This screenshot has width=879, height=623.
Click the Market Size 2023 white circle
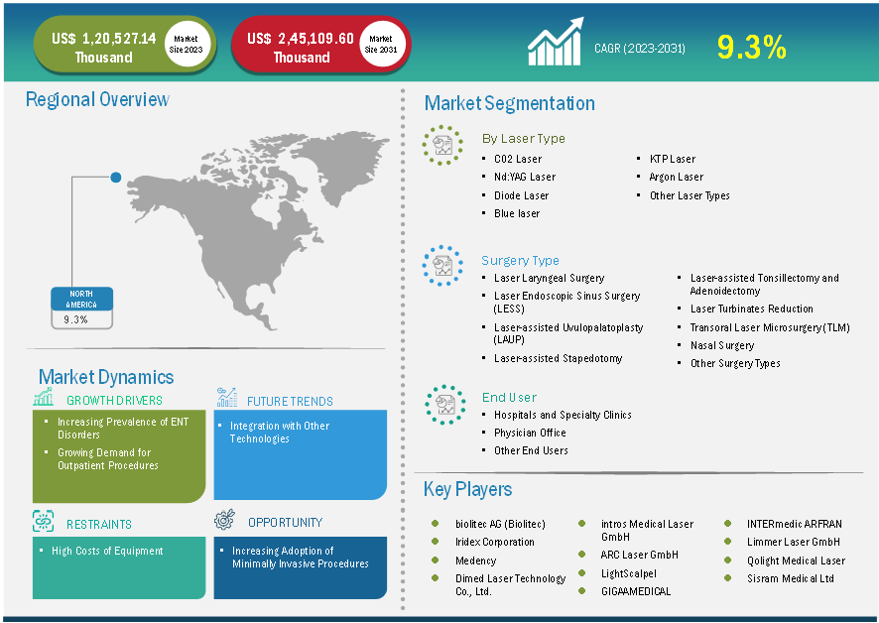186,45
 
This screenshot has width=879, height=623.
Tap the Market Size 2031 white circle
381,45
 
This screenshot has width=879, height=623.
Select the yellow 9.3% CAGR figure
752,47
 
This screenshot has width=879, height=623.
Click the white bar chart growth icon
556,41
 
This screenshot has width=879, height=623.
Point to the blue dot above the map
115,178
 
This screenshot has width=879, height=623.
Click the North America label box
81,299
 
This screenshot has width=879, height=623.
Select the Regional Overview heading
97,100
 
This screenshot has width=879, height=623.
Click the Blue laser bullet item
517,213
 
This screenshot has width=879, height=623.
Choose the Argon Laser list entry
676,177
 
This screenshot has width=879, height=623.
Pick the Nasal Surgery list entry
722,345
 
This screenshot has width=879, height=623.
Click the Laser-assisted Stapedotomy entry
558,358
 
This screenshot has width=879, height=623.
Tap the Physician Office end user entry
530,433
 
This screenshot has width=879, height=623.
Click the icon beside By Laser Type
442,145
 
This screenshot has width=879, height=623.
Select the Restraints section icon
44,522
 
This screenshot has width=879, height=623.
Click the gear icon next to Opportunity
225,520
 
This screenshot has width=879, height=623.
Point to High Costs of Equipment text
107,552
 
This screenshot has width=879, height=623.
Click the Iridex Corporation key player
494,543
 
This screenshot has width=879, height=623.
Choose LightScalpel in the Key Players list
628,573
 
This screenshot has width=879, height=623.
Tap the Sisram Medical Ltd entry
791,578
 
